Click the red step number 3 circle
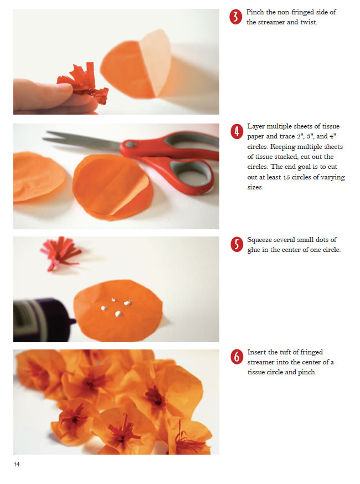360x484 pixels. click(x=235, y=17)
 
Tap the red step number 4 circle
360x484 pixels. click(x=237, y=132)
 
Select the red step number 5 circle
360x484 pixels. click(x=237, y=245)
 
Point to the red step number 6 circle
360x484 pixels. click(x=237, y=357)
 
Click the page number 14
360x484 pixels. click(x=17, y=464)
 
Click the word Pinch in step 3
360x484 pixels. click(x=255, y=12)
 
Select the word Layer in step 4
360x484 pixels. click(x=256, y=127)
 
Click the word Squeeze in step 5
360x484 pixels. click(x=260, y=240)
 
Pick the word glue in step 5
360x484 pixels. click(x=254, y=250)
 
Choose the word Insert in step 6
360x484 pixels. click(x=256, y=352)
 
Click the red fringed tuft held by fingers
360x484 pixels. click(x=84, y=83)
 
